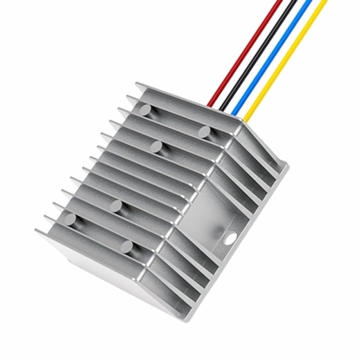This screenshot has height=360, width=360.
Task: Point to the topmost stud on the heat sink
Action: click(x=146, y=108)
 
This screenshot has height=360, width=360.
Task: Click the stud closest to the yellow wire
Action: click(x=205, y=130)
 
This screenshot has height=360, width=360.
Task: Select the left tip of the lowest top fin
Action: click(x=38, y=232)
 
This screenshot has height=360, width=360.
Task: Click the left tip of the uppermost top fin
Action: click(x=137, y=84)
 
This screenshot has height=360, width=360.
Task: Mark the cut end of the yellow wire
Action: click(x=325, y=2)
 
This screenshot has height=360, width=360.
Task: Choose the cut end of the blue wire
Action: click(x=311, y=2)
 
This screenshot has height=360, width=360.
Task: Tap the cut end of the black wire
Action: click(x=296, y=2)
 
